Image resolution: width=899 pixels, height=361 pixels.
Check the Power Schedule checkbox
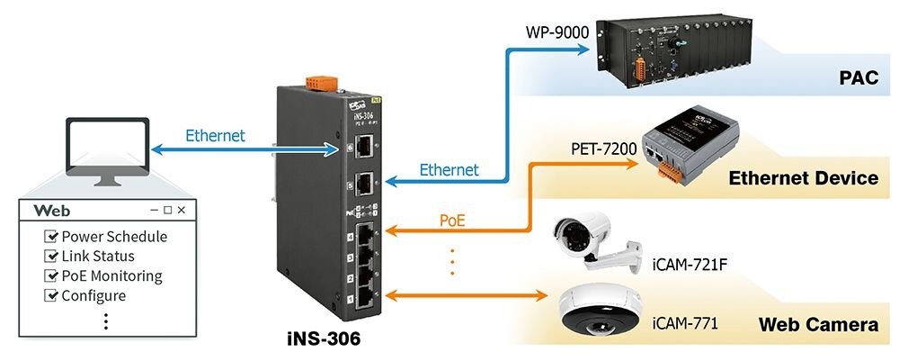click(51, 237)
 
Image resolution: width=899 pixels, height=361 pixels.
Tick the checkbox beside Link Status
click(51, 257)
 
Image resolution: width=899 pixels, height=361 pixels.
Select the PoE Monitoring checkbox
click(51, 276)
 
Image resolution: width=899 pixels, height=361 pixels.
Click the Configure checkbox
click(51, 295)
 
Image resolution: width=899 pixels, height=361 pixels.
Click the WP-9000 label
click(557, 33)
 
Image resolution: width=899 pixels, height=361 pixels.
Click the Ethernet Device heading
click(803, 178)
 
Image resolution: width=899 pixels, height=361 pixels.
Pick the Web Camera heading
click(818, 325)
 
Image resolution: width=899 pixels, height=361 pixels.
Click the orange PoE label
click(452, 219)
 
